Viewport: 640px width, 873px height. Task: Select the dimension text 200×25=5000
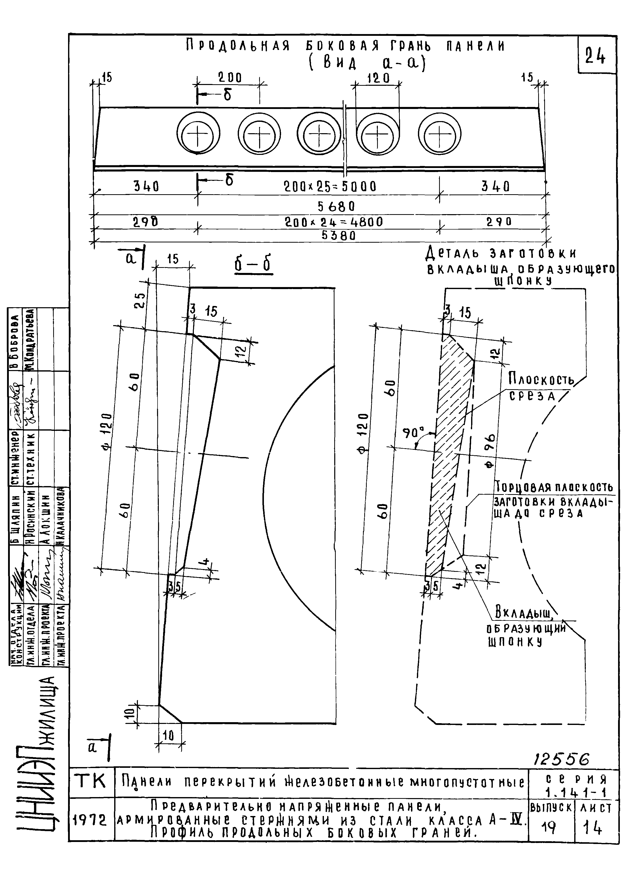tap(330, 187)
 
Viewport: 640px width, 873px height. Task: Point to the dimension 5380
tap(338, 236)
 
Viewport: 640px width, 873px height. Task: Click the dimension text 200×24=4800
tap(333, 222)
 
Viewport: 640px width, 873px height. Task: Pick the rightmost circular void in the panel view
tap(439, 134)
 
